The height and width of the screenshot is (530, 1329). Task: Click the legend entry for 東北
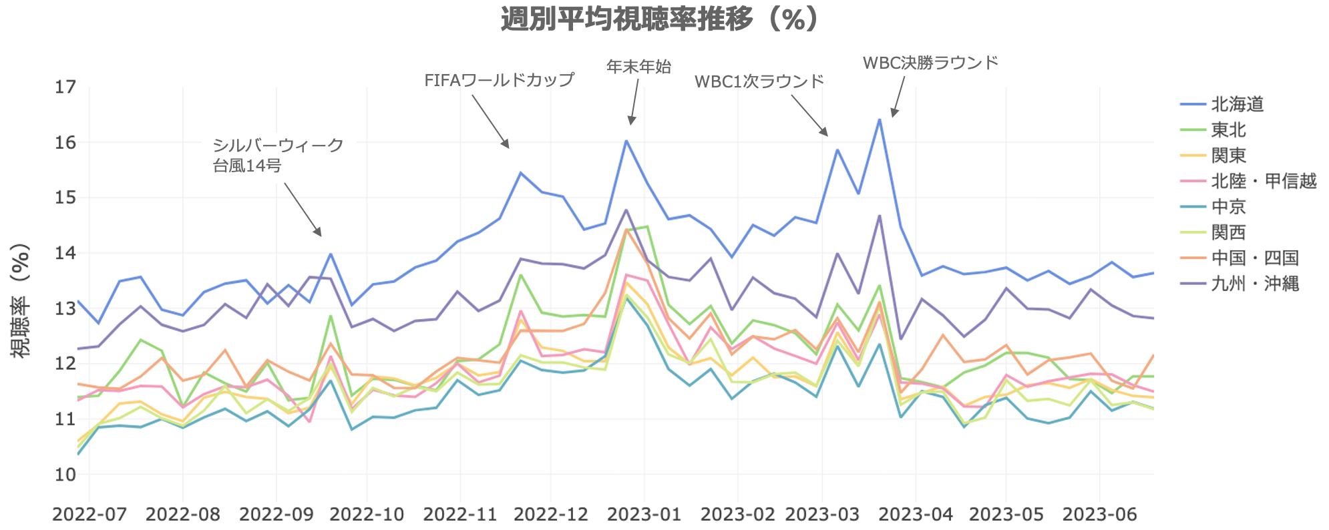pos(1228,129)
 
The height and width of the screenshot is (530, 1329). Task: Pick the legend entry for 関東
pos(1228,156)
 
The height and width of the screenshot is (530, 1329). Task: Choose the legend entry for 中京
pos(1228,207)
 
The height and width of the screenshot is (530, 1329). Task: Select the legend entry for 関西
pos(1228,232)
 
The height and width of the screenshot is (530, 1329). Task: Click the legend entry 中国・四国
pos(1255,258)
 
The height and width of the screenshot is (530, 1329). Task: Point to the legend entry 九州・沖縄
pos(1255,284)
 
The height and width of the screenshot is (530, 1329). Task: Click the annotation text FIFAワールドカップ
pos(499,80)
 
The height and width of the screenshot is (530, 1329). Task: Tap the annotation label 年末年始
pos(638,66)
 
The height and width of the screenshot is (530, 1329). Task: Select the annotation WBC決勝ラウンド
pos(930,63)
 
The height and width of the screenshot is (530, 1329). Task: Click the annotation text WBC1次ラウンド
pos(759,81)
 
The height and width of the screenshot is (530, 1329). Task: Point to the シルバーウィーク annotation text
pos(278,146)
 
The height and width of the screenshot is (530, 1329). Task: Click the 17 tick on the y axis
pos(65,87)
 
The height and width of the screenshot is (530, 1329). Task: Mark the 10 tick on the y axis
pos(65,475)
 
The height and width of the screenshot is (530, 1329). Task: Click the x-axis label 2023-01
pos(644,514)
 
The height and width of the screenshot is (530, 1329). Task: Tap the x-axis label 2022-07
pos(89,514)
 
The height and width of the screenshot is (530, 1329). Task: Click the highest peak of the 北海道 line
pos(880,119)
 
